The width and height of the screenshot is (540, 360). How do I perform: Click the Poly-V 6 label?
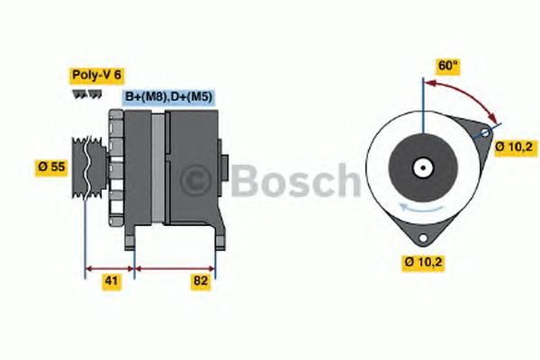click(x=97, y=75)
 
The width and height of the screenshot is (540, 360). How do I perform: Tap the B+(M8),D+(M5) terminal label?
click(x=168, y=96)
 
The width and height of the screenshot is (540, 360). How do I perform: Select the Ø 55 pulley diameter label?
click(x=51, y=166)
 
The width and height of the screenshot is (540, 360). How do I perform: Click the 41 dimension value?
click(x=112, y=281)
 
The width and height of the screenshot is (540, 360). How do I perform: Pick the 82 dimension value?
click(x=201, y=281)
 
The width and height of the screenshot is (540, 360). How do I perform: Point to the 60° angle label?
click(x=447, y=66)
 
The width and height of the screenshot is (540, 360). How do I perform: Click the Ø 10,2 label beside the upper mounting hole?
click(x=514, y=147)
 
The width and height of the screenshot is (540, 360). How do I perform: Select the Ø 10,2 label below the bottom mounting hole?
click(x=423, y=262)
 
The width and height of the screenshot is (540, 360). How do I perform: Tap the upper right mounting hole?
click(x=485, y=132)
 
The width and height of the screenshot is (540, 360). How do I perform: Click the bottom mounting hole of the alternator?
click(x=423, y=238)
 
